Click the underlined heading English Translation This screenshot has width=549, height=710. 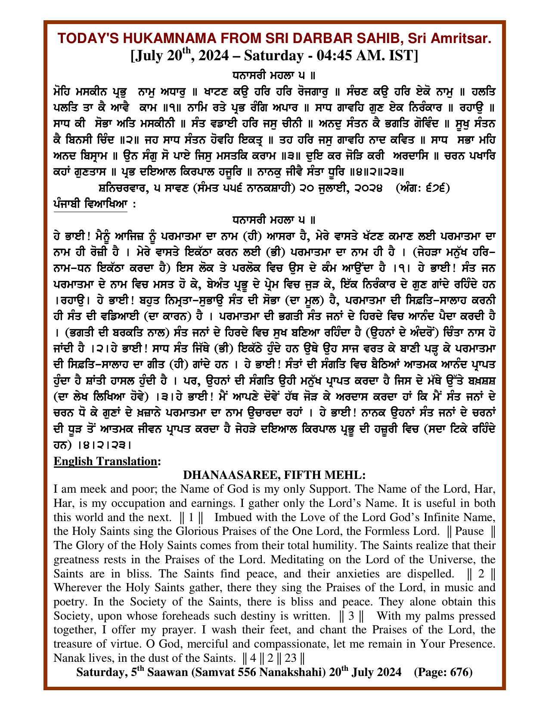(x=105, y=461)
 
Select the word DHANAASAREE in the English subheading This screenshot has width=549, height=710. (x=226, y=475)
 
